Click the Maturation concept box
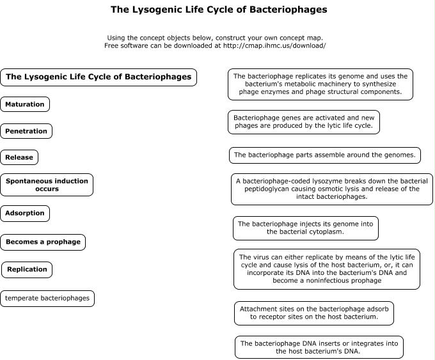point(25,104)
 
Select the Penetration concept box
point(26,131)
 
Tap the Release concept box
point(19,157)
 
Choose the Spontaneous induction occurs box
point(47,185)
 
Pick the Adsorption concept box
point(25,214)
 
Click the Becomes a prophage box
point(43,242)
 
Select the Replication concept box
point(27,270)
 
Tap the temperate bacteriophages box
point(47,299)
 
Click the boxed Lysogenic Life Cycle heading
point(99,77)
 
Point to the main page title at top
point(219,10)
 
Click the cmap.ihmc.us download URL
point(274,45)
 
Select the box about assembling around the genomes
point(325,155)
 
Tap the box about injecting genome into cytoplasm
point(306,228)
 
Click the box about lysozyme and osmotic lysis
point(332,189)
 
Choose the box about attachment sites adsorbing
point(314,313)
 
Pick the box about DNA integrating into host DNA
point(319,347)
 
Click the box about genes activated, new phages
point(304,122)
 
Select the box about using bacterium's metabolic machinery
point(320,84)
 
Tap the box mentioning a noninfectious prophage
point(327,269)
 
